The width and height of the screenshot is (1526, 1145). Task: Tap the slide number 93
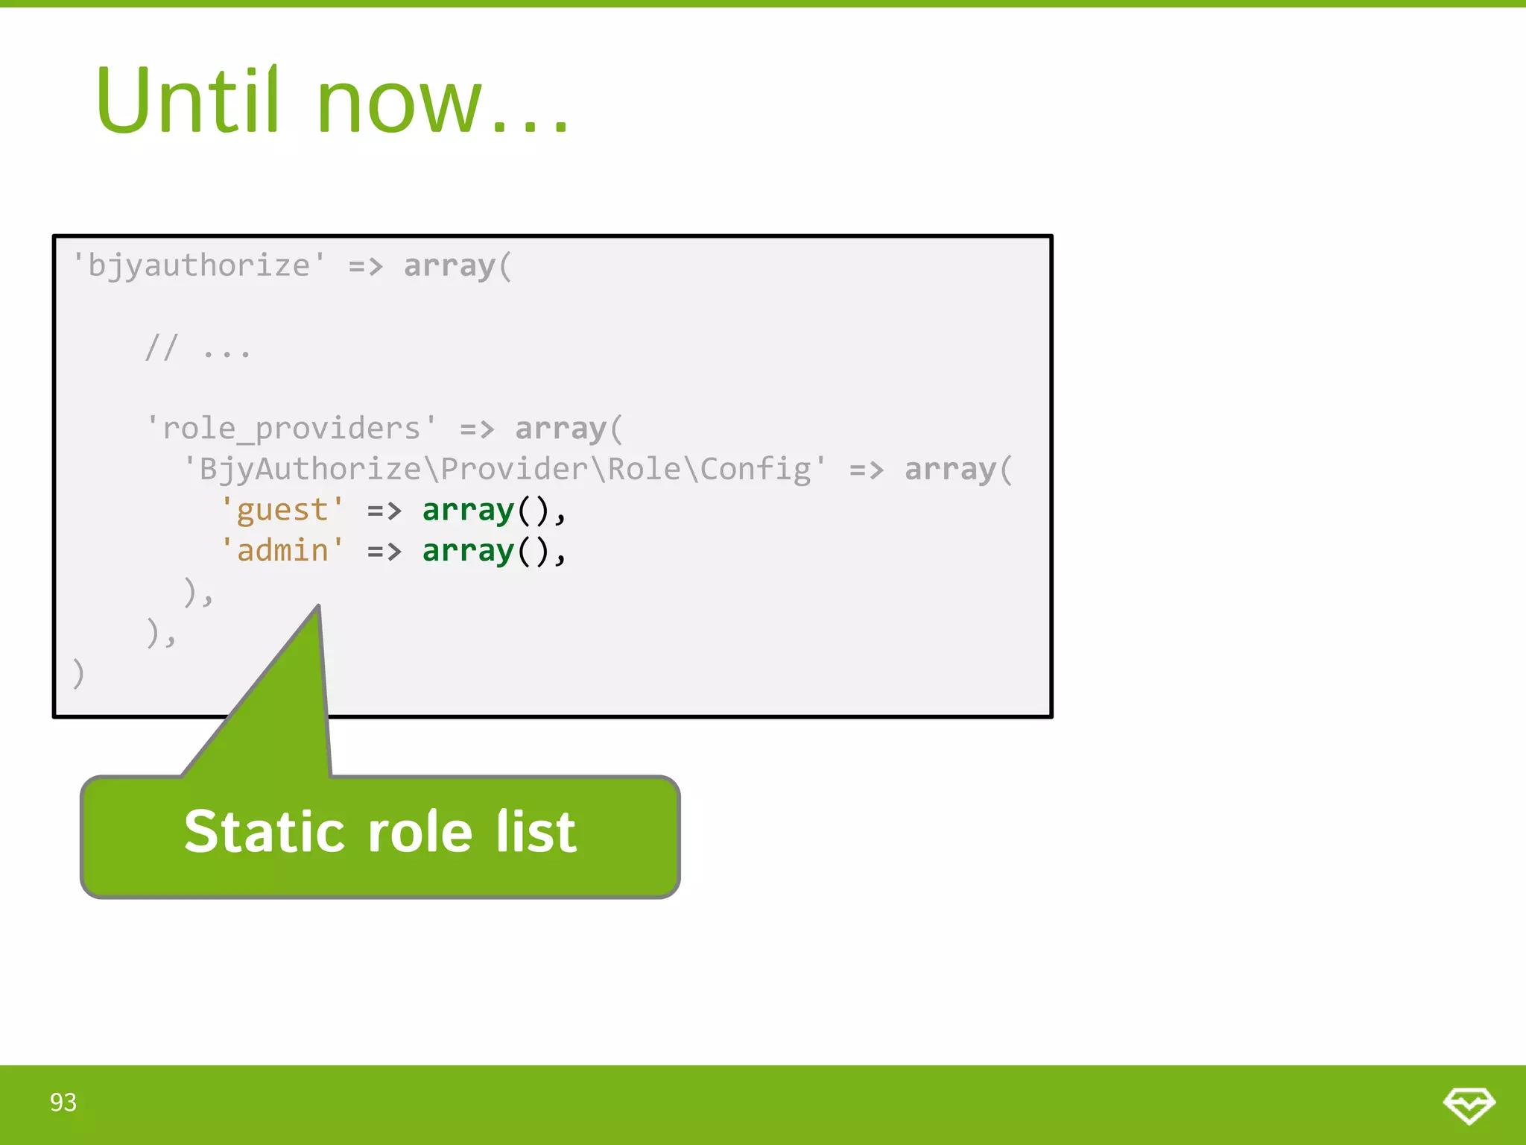[x=63, y=1103]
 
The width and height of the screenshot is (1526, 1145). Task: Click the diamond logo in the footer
[x=1469, y=1105]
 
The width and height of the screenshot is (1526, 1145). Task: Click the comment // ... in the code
[x=198, y=348]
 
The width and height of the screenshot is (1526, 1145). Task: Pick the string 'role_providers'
[x=291, y=429]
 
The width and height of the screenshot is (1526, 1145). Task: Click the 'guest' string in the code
[x=282, y=511]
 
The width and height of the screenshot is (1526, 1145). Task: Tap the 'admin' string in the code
[x=282, y=551]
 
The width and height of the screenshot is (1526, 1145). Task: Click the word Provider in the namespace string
[x=514, y=470]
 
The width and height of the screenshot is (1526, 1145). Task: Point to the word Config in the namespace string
[x=756, y=470]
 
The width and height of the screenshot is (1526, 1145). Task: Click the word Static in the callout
[x=265, y=832]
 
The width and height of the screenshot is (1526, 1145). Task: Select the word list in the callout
[x=536, y=832]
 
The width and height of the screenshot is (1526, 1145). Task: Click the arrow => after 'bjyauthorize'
[x=365, y=266]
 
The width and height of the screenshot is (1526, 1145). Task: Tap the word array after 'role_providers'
[x=560, y=429]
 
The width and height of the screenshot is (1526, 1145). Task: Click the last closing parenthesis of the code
[x=78, y=673]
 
